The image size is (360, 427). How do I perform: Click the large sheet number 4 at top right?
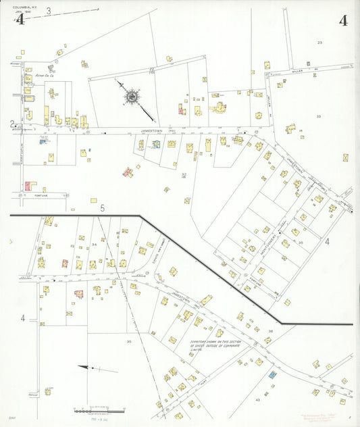coord(344,20)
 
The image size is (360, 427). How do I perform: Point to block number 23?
coord(319,43)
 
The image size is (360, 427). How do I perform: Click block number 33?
coord(317,116)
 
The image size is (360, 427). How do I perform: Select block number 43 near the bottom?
coord(257,401)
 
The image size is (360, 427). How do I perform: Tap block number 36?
coord(270,330)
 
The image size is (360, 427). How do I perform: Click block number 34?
coord(95,245)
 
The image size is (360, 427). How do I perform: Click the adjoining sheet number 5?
coord(103,208)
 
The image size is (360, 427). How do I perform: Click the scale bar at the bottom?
coord(99,411)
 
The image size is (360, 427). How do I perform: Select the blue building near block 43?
coord(272,374)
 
